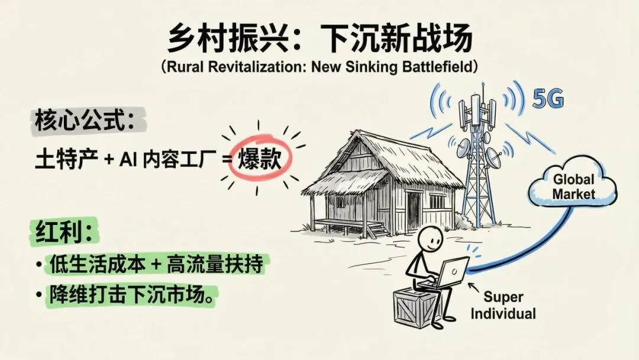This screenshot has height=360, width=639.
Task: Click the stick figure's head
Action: pyautogui.click(x=431, y=242)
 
